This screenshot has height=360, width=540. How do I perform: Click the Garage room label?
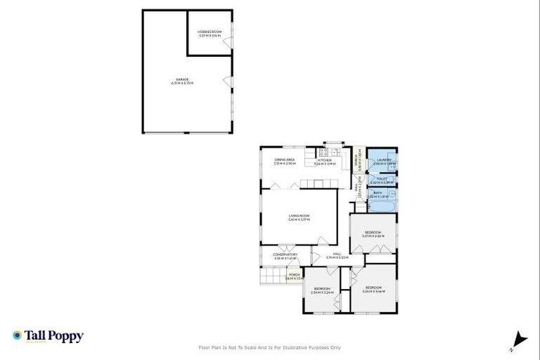pyautogui.click(x=181, y=82)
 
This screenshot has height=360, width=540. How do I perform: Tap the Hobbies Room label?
pyautogui.click(x=210, y=33)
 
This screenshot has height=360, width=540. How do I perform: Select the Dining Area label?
pyautogui.click(x=285, y=161)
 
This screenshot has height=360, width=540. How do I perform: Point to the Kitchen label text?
pyautogui.click(x=324, y=161)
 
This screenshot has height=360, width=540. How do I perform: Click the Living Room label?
pyautogui.click(x=299, y=217)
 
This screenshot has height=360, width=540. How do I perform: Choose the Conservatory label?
pyautogui.click(x=285, y=256)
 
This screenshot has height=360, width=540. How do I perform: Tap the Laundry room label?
pyautogui.click(x=384, y=161)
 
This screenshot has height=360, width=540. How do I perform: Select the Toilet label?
pyautogui.click(x=382, y=180)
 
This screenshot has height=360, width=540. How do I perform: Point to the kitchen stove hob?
pyautogui.click(x=324, y=152)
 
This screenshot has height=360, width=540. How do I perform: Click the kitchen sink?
pyautogui.click(x=336, y=152)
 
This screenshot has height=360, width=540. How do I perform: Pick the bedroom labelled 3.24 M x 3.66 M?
pyautogui.click(x=372, y=289)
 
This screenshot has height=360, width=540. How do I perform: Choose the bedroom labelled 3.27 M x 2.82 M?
pyautogui.click(x=372, y=233)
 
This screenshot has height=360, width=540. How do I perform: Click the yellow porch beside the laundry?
pyautogui.click(x=359, y=162)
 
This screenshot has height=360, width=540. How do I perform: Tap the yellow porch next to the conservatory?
pyautogui.click(x=294, y=276)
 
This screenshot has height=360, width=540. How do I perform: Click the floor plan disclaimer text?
pyautogui.click(x=270, y=347)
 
